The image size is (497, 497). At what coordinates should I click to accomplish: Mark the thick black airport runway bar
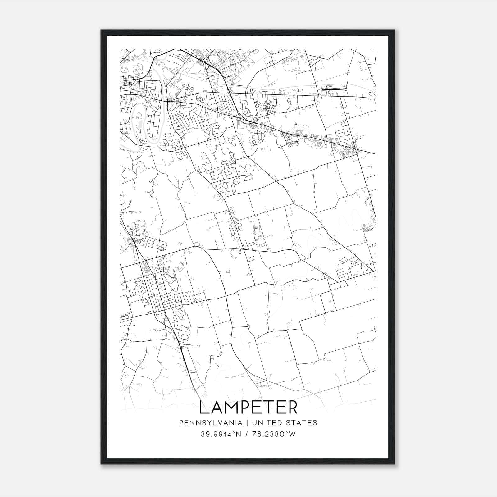click(x=334, y=89)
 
